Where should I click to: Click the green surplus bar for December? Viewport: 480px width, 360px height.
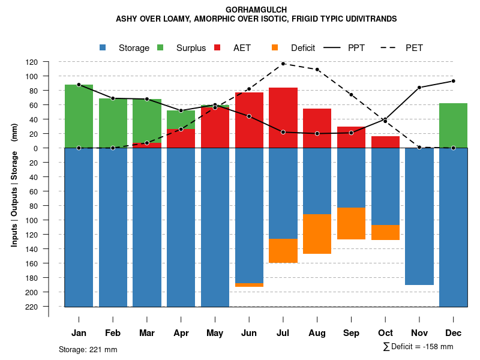point(453,125)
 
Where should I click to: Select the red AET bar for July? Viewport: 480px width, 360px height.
point(283,118)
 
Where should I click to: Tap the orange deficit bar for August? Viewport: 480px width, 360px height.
point(317,234)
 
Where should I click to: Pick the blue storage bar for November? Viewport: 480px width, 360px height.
point(419,216)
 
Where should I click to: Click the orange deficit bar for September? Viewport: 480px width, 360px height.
point(352,223)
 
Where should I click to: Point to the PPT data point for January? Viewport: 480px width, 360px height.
point(79,85)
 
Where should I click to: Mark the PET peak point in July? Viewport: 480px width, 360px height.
point(283,64)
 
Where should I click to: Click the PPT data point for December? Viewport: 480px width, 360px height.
point(454,81)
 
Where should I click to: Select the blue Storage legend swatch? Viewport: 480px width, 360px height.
point(103,48)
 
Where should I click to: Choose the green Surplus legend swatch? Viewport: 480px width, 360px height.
point(161,48)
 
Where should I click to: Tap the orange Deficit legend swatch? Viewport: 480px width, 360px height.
point(275,48)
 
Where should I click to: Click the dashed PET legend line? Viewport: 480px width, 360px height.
point(391,48)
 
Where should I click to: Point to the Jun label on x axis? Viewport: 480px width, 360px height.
point(249,333)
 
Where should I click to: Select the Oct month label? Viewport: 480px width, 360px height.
point(386,333)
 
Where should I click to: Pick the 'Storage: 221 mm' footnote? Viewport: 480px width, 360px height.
point(88,349)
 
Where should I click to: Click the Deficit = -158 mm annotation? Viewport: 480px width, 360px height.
point(418,347)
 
